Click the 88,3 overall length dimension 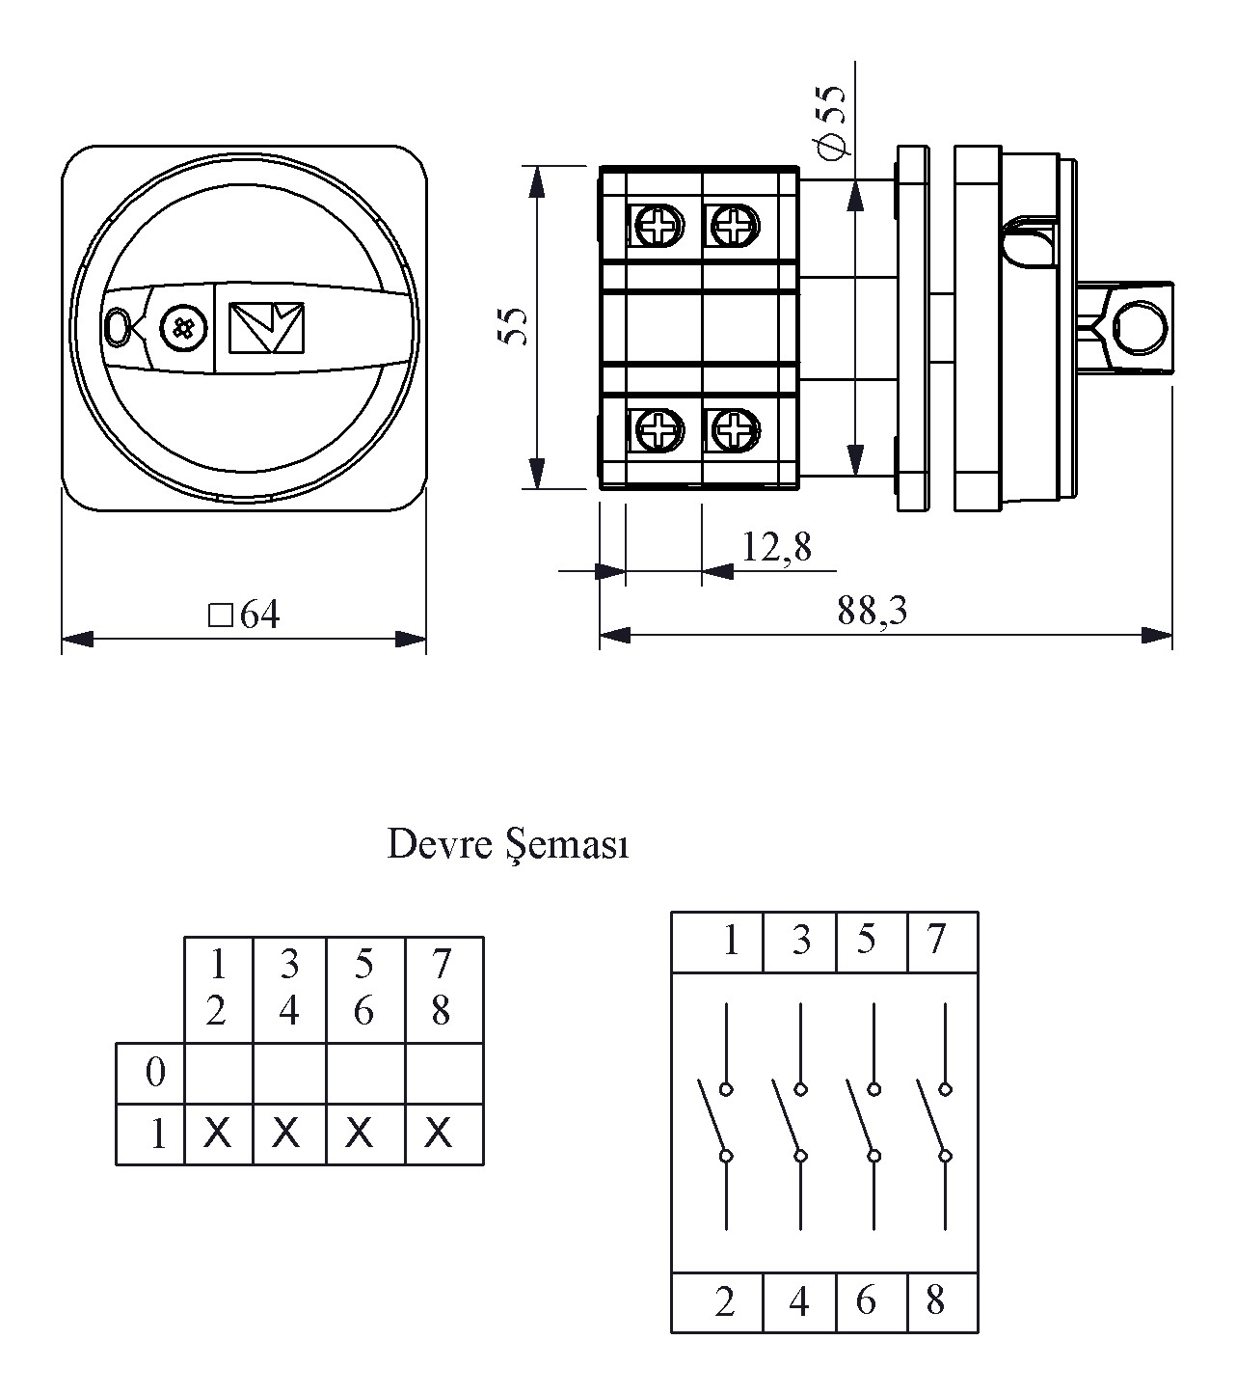coord(872,611)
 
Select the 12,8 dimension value coord(776,548)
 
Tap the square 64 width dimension coord(245,615)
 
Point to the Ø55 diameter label coord(829,121)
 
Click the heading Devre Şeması coord(507,845)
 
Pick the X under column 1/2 coord(218,1133)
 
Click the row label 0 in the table coord(154,1072)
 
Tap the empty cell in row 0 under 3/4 coord(288,1072)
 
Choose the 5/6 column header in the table coord(363,987)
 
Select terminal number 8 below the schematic coord(935,1301)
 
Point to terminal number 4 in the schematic coord(798,1302)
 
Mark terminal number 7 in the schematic coord(935,939)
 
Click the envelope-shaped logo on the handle coord(266,328)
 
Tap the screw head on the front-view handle coord(181,327)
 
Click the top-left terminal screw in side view coord(659,226)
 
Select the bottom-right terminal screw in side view coord(734,429)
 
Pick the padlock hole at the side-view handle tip coord(1139,326)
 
